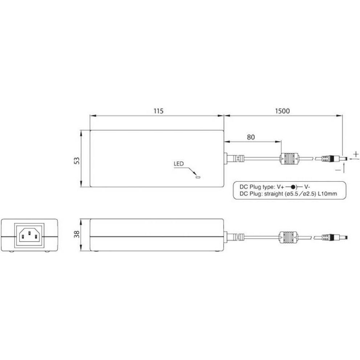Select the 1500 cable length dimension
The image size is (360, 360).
282,111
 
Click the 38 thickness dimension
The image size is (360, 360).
77,235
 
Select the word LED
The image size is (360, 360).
178,164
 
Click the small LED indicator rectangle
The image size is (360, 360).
198,177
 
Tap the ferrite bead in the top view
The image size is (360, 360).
289,159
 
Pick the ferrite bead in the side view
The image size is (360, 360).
289,238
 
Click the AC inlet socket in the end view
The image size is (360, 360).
29,236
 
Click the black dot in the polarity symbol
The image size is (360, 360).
293,187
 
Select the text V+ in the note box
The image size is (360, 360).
281,187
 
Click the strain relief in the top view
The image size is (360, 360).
234,159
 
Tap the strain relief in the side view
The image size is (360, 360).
234,238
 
